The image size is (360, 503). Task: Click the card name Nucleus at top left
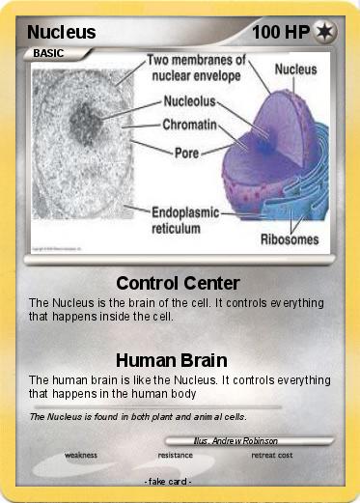61,32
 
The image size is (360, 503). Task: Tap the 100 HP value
280,32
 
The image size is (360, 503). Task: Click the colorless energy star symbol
325,32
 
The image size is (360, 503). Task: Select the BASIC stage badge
48,54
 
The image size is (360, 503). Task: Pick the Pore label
186,153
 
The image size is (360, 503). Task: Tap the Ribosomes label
290,238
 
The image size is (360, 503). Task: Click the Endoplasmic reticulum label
185,220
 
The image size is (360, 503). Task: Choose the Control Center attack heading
178,283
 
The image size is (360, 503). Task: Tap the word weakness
81,454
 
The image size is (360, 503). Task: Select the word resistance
175,454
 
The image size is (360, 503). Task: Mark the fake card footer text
168,481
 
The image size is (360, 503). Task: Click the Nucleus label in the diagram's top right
296,70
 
